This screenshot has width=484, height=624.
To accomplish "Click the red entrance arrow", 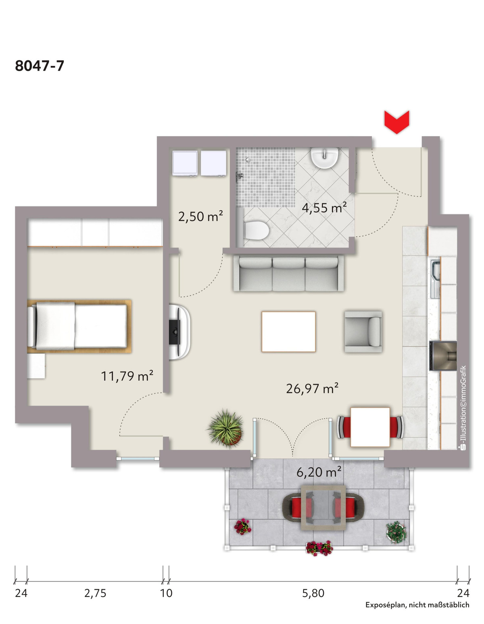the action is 396,122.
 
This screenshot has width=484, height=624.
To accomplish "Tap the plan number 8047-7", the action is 40,66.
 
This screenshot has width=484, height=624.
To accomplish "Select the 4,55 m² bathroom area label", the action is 324,208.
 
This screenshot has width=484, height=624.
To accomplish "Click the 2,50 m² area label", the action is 200,216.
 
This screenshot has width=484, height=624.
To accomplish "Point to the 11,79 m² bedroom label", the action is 127,376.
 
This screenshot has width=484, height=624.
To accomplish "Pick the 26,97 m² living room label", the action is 312,388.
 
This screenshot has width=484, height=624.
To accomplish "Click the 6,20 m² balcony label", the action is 319,472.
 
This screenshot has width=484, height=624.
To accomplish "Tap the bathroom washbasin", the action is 325,158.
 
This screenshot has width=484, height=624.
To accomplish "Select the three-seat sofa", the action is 288,274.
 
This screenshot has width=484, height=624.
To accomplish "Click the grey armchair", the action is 363,331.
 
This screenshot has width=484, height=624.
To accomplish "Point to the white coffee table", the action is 288,332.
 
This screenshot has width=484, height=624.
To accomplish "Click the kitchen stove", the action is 443,356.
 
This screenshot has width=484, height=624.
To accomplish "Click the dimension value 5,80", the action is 313,593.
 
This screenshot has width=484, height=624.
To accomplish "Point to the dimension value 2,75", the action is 95,593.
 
